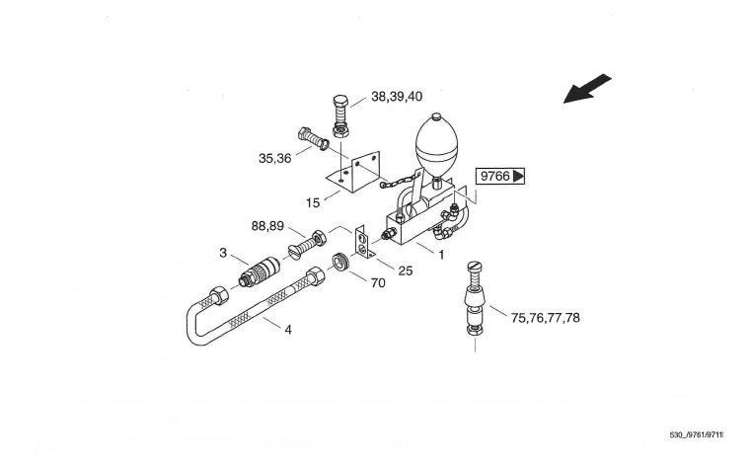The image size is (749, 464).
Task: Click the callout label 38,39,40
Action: click(x=397, y=97)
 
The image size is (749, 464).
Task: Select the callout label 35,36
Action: click(x=274, y=158)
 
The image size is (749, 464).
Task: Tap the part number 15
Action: click(x=313, y=203)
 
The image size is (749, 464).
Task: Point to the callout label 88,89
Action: click(x=267, y=226)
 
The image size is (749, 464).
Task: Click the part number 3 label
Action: click(x=223, y=253)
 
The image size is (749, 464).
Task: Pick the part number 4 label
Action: click(x=288, y=330)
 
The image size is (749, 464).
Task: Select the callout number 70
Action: click(x=378, y=283)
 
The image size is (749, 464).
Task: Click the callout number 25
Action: click(x=405, y=271)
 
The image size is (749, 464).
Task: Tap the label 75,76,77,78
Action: click(x=546, y=318)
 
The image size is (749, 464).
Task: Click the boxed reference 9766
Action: click(x=499, y=177)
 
